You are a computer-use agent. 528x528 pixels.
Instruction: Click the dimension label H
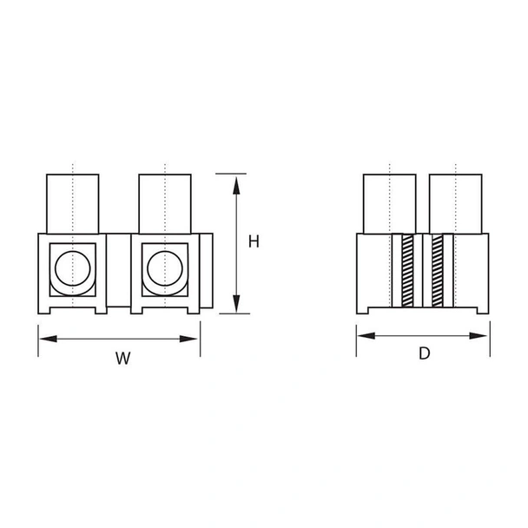pos(254,242)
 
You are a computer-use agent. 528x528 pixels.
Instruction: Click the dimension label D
pos(424,353)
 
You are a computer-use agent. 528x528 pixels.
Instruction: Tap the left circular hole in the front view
pos(72,268)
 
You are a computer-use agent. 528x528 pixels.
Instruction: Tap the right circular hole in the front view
pos(165,268)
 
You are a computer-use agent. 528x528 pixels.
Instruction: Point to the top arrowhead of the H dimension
pos(234,181)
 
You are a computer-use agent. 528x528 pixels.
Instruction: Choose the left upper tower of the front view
pos(72,203)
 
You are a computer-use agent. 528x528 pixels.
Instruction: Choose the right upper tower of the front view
pos(165,203)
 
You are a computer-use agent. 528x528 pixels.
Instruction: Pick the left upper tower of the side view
pos(389,203)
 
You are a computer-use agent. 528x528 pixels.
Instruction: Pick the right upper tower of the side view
pos(455,203)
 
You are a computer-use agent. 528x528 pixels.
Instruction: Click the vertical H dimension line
pos(234,243)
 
